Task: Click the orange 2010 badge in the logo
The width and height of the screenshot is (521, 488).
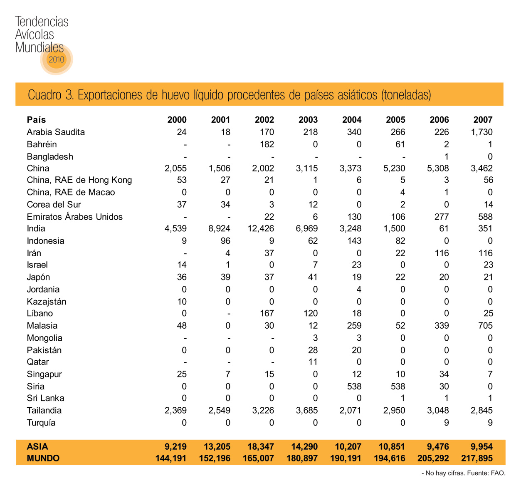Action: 57,59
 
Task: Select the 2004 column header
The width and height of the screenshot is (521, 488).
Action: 351,120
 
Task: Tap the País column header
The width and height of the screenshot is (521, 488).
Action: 36,120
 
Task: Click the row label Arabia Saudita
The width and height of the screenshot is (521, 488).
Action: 56,132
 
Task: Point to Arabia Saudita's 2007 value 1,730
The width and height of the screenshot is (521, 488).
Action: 481,132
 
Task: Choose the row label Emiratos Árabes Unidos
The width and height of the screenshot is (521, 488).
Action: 75,217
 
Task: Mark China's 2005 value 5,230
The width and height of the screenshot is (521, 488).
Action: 395,168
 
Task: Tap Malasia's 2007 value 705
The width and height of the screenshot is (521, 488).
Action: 485,326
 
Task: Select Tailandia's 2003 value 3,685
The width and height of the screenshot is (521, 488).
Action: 306,411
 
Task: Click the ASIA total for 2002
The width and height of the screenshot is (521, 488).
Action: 260,447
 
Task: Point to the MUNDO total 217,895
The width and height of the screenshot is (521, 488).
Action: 477,458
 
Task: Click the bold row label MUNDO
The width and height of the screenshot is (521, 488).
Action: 43,458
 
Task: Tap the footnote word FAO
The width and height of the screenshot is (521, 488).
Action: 498,473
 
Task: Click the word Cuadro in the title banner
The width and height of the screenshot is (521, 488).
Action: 44,95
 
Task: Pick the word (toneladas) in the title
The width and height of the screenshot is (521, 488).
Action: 406,95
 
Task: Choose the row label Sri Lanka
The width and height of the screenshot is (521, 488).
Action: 45,398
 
